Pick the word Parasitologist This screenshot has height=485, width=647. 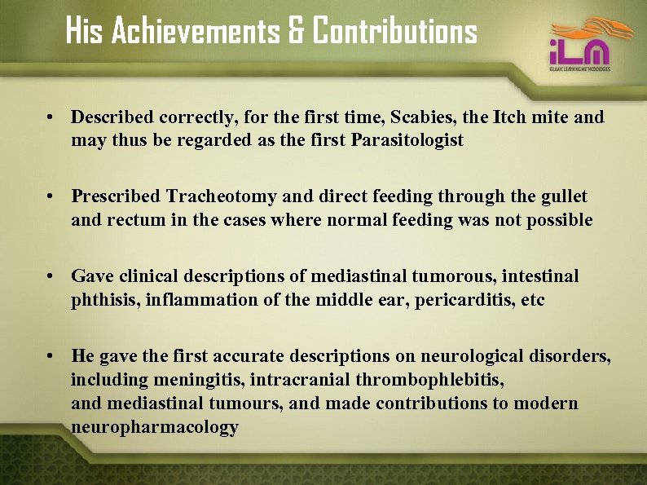tap(407, 140)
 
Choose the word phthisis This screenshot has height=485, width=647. tap(105, 300)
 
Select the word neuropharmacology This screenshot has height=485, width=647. tap(155, 427)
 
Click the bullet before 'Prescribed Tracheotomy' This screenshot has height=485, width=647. tap(51, 197)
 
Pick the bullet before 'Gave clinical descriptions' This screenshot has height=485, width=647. tap(51, 277)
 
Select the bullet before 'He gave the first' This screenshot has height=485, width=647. tap(51, 357)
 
